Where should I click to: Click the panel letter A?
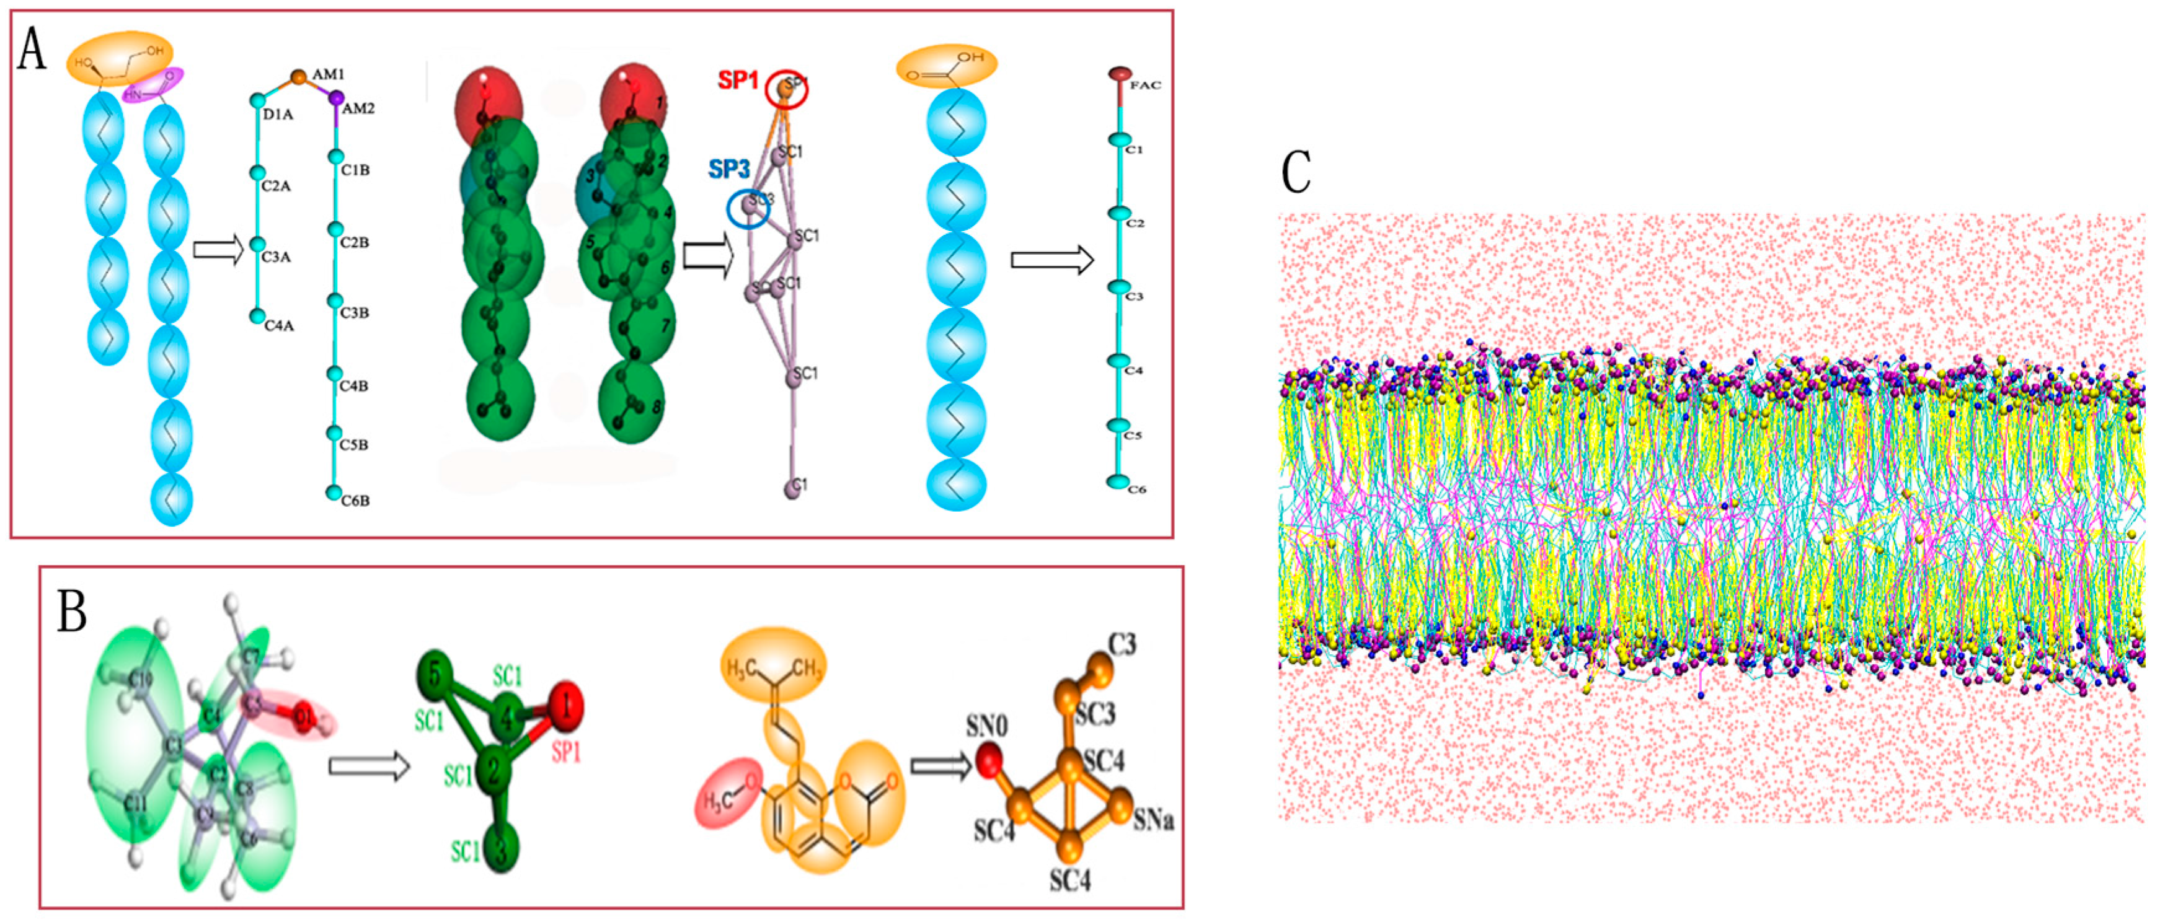(32, 48)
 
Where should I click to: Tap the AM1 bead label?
(328, 74)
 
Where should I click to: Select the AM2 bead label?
(358, 108)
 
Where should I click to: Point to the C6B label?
(355, 501)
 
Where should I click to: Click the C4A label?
(279, 325)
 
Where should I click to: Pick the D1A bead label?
(278, 114)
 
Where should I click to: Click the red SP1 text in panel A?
(737, 81)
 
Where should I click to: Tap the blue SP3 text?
(728, 169)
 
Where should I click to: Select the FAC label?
(1144, 86)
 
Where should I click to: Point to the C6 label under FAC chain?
(1136, 490)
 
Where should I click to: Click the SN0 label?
(986, 726)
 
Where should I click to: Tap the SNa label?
(1153, 820)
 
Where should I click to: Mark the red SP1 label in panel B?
(566, 753)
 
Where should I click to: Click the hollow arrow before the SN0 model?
(941, 765)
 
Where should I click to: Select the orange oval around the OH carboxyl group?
(947, 66)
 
